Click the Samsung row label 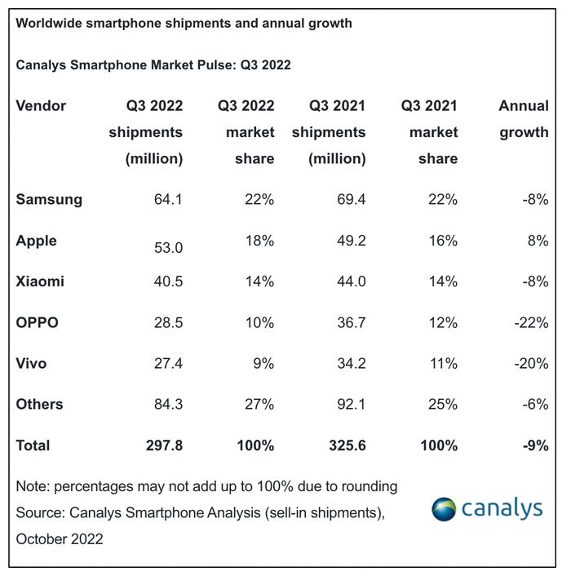[x=49, y=199]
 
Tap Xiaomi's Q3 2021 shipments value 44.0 [x=348, y=281]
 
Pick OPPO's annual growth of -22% [x=531, y=322]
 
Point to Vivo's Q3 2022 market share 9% [x=262, y=363]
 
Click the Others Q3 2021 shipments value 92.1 [x=348, y=404]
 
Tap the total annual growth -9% [x=534, y=445]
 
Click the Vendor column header [x=41, y=105]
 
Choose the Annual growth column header [x=524, y=118]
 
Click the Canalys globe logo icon [x=445, y=508]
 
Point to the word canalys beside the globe [x=502, y=509]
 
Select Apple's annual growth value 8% [x=538, y=241]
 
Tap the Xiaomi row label [x=40, y=281]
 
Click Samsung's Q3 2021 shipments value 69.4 [x=348, y=199]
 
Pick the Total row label [x=33, y=445]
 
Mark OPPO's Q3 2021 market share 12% [x=442, y=322]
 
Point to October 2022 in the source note [x=60, y=539]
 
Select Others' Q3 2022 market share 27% [x=259, y=404]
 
